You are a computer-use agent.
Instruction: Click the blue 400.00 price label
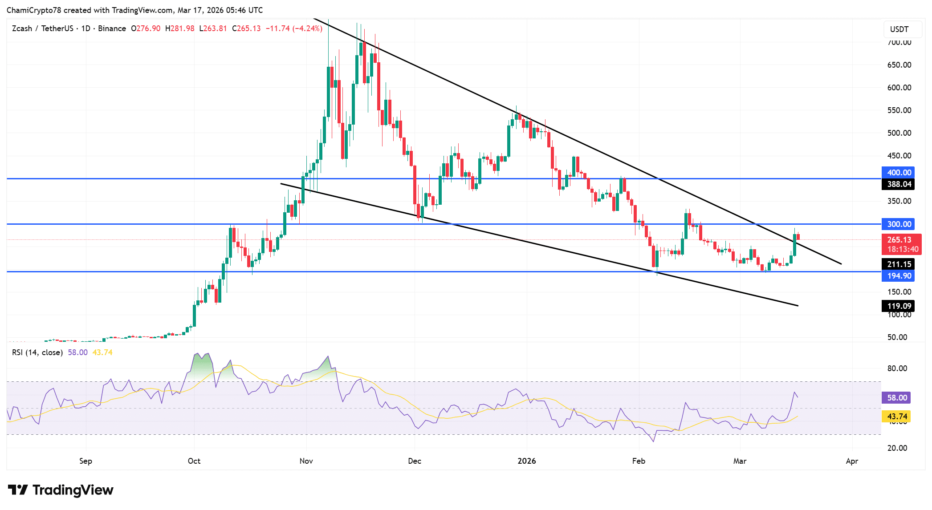pyautogui.click(x=898, y=173)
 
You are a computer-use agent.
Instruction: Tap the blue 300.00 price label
pyautogui.click(x=898, y=224)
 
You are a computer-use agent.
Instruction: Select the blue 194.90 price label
pyautogui.click(x=898, y=276)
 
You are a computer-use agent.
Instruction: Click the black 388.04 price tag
pyautogui.click(x=898, y=184)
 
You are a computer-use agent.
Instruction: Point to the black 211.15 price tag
pyautogui.click(x=898, y=264)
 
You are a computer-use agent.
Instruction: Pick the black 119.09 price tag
pyautogui.click(x=898, y=306)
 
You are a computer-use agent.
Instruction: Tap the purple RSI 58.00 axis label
pyautogui.click(x=896, y=398)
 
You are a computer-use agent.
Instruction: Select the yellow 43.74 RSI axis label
pyautogui.click(x=896, y=417)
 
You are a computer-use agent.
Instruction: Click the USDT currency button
pyautogui.click(x=899, y=29)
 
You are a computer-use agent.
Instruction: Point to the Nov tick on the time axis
pyautogui.click(x=306, y=461)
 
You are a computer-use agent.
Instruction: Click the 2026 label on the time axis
pyautogui.click(x=527, y=461)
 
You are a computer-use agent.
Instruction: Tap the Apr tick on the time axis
pyautogui.click(x=851, y=461)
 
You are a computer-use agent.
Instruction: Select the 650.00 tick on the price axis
pyautogui.click(x=899, y=65)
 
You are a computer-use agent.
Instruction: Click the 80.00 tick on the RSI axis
pyautogui.click(x=897, y=368)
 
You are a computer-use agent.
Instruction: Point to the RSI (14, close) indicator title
pyautogui.click(x=37, y=352)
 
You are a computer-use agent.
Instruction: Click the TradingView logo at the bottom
pyautogui.click(x=61, y=490)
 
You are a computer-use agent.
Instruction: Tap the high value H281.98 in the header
pyautogui.click(x=179, y=28)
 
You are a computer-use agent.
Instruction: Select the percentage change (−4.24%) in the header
pyautogui.click(x=307, y=28)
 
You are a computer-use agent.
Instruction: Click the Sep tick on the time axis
pyautogui.click(x=85, y=461)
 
